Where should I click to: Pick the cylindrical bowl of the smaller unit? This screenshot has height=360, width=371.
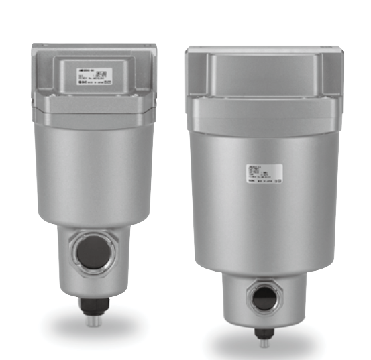[95, 174]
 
